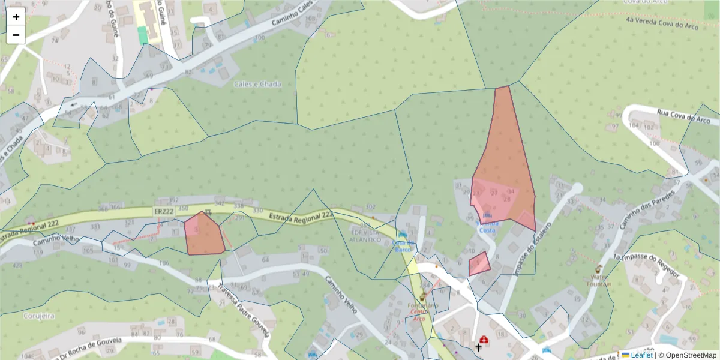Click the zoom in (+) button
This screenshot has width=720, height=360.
click(x=16, y=17)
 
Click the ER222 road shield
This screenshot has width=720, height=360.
click(x=163, y=212)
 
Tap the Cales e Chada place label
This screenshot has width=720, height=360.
click(x=257, y=85)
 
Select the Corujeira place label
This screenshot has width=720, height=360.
click(x=39, y=315)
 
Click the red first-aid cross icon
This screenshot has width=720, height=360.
click(x=484, y=339)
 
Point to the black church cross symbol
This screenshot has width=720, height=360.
click(x=479, y=346)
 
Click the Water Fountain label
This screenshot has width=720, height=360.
click(x=600, y=280)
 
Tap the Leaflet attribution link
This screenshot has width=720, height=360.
click(x=641, y=355)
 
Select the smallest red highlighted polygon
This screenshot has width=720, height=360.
click(x=479, y=264)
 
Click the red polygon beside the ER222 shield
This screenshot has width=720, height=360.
click(x=204, y=234)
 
